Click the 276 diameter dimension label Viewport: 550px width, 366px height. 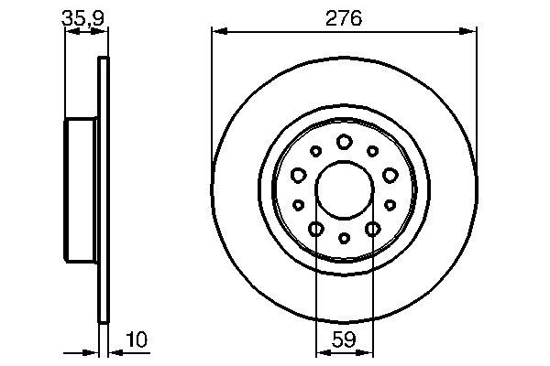tap(344, 17)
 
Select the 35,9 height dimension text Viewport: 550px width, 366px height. tap(79, 16)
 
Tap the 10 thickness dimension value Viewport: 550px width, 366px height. tap(135, 339)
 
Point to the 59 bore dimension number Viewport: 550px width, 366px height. tap(344, 339)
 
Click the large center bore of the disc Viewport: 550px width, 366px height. tap(344, 189)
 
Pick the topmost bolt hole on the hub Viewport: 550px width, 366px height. tap(344, 141)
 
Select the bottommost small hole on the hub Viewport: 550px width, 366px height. tap(344, 238)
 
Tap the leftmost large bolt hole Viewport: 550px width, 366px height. tap(298, 174)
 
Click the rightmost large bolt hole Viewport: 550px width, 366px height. tap(390, 174)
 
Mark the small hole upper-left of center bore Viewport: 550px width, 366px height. tap(315, 151)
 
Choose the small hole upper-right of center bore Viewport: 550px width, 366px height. tap(372, 151)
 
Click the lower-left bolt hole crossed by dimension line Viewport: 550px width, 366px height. tap(315, 229)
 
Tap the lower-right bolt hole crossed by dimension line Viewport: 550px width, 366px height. tap(372, 229)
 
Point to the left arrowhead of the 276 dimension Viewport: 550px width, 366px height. tap(217, 31)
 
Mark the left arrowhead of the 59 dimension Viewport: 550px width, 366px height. tap(321, 352)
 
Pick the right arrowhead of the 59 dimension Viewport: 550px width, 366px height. tap(368, 352)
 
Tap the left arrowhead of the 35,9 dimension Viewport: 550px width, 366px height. tap(70, 31)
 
